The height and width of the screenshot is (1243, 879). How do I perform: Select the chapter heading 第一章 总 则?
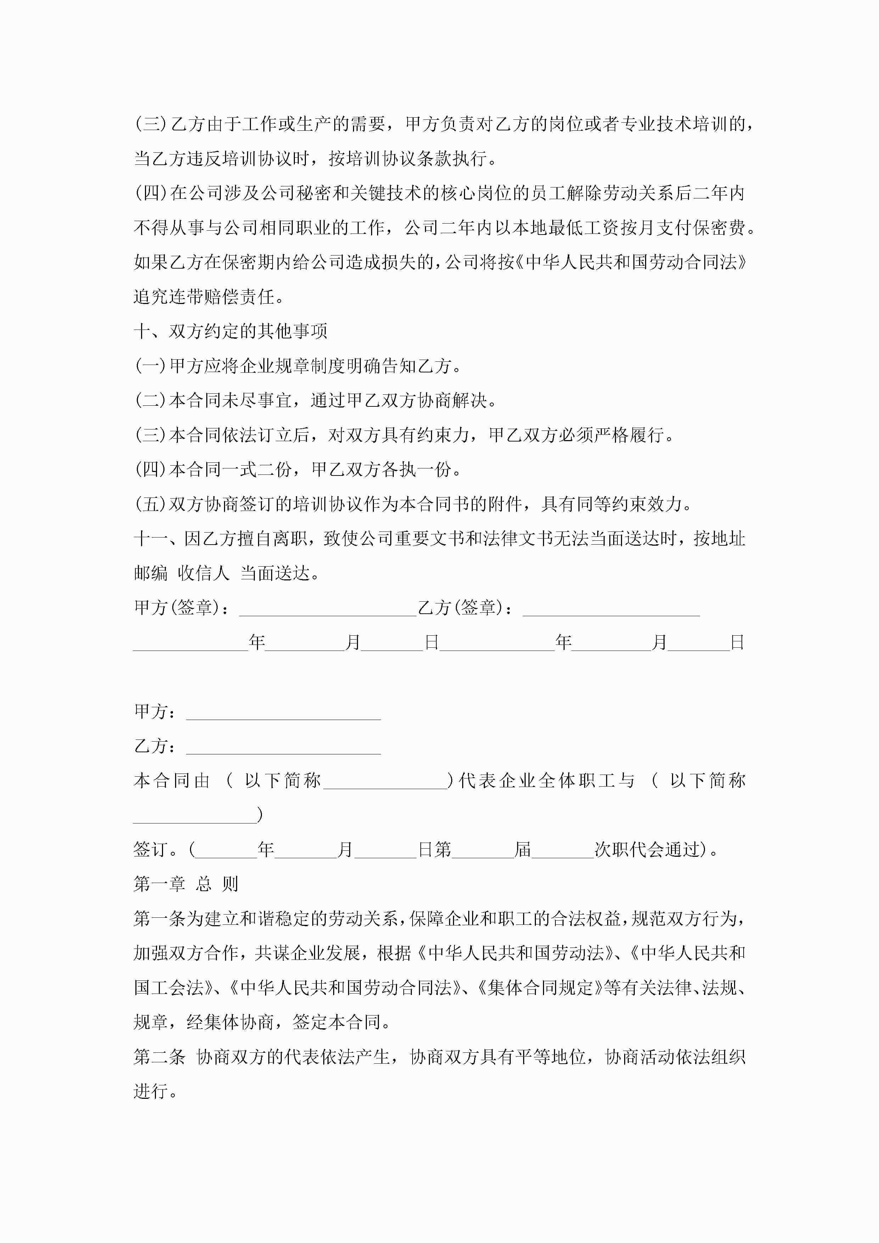tap(186, 884)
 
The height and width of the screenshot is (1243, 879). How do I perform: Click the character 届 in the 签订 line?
tap(523, 849)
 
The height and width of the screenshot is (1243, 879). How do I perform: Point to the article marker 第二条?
tap(159, 1057)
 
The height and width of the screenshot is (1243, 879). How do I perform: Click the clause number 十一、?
tap(157, 539)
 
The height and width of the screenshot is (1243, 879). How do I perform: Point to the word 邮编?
tap(151, 573)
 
